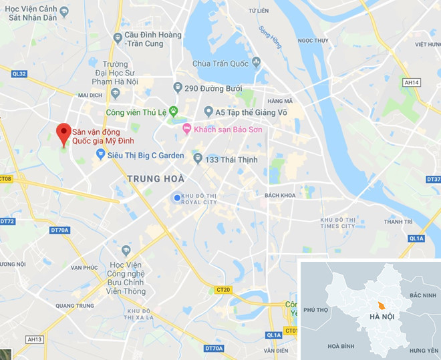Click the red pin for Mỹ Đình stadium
tap(63, 132)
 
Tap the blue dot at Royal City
tap(176, 197)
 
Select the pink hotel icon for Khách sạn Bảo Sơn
tap(187, 128)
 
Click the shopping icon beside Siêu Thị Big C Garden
tap(100, 154)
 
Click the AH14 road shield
tap(412, 82)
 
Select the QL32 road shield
tap(19, 73)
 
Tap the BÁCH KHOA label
tap(280, 195)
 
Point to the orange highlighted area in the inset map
tap(381, 305)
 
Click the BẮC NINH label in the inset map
tap(423, 295)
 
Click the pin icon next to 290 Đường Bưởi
tap(177, 87)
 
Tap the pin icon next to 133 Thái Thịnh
tap(198, 158)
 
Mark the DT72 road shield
tap(7, 221)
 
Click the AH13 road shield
tap(35, 339)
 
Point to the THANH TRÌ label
tap(398, 222)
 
